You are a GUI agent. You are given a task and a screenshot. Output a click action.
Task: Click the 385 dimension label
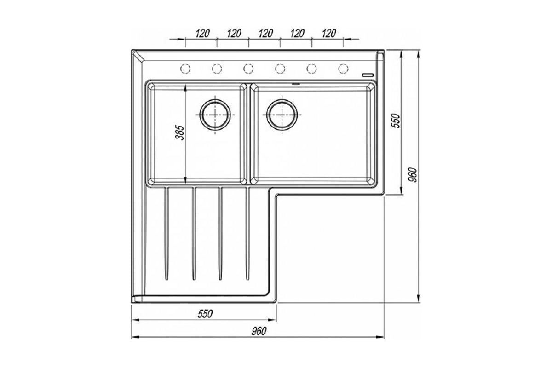click(180, 132)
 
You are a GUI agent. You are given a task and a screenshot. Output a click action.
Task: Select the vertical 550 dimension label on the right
click(396, 121)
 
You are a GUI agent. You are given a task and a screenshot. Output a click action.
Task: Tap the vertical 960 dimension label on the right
click(413, 174)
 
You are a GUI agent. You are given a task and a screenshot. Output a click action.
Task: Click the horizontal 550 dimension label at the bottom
click(205, 314)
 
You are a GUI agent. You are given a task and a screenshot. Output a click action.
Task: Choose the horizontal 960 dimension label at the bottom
click(259, 331)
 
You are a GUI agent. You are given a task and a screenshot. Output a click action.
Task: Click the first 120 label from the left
click(202, 33)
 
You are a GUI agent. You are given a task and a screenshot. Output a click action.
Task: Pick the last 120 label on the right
click(329, 33)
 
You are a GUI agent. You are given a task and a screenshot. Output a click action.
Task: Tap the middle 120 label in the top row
click(266, 33)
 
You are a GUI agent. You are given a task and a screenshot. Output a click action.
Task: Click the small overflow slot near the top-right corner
click(368, 75)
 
